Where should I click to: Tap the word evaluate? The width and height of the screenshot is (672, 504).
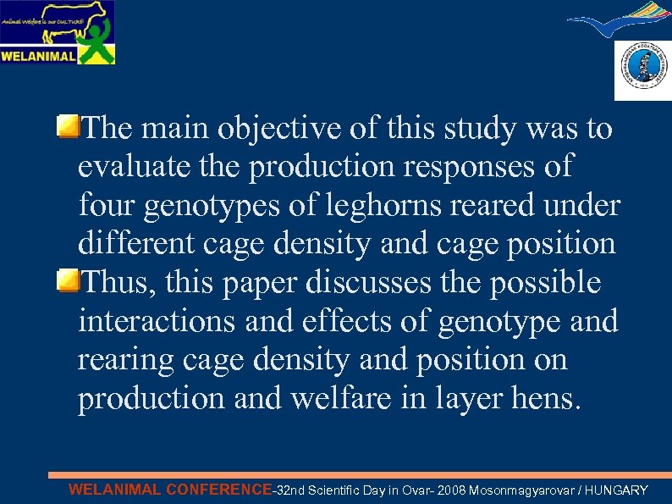130,167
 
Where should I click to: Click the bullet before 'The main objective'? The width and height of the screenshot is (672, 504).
68,128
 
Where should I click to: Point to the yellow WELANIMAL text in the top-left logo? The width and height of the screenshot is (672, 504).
39,57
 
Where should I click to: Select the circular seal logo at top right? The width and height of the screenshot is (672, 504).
642,70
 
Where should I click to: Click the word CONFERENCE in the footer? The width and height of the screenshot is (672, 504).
218,490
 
